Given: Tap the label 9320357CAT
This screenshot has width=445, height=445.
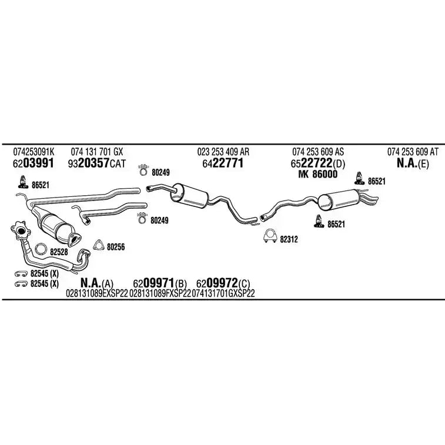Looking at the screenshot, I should [x=97, y=164].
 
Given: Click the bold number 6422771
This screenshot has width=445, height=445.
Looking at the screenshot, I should [x=223, y=164].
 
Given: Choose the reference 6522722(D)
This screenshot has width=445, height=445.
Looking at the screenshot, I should [x=319, y=164].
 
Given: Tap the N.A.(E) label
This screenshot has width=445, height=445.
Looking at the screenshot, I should [x=412, y=164].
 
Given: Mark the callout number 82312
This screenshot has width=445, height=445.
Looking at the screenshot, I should [x=289, y=239].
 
